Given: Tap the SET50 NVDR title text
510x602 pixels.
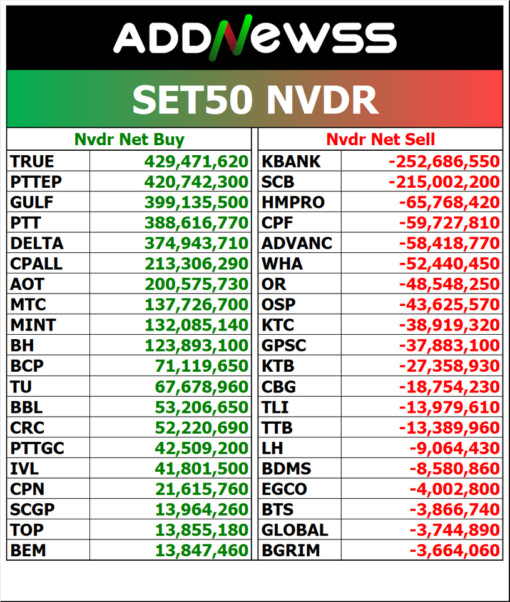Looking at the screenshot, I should pos(255,99).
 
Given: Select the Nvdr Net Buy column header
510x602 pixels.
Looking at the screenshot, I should pos(129,140).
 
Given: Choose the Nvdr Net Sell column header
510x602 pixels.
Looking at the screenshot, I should pos(380,140).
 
